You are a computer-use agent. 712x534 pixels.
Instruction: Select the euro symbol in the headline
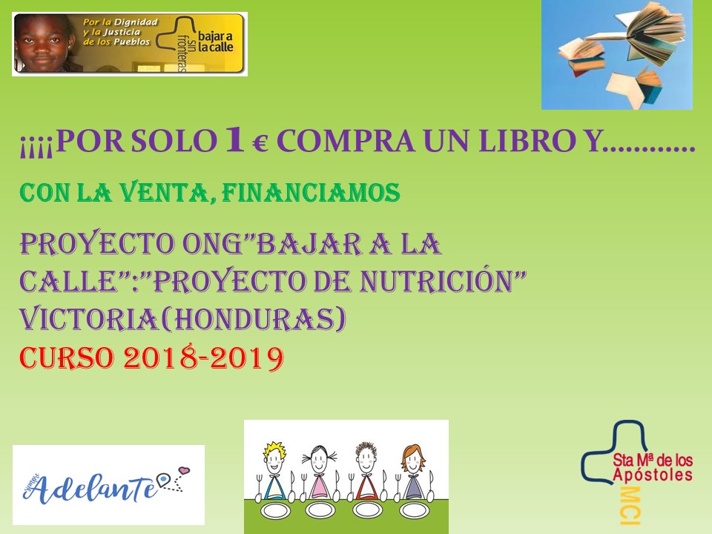[x=260, y=145]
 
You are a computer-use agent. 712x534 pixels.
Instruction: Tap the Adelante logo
[x=108, y=484]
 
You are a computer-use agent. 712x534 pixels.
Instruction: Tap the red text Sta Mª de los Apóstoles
[x=653, y=467]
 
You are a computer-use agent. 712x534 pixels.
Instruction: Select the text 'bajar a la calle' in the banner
[x=215, y=42]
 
